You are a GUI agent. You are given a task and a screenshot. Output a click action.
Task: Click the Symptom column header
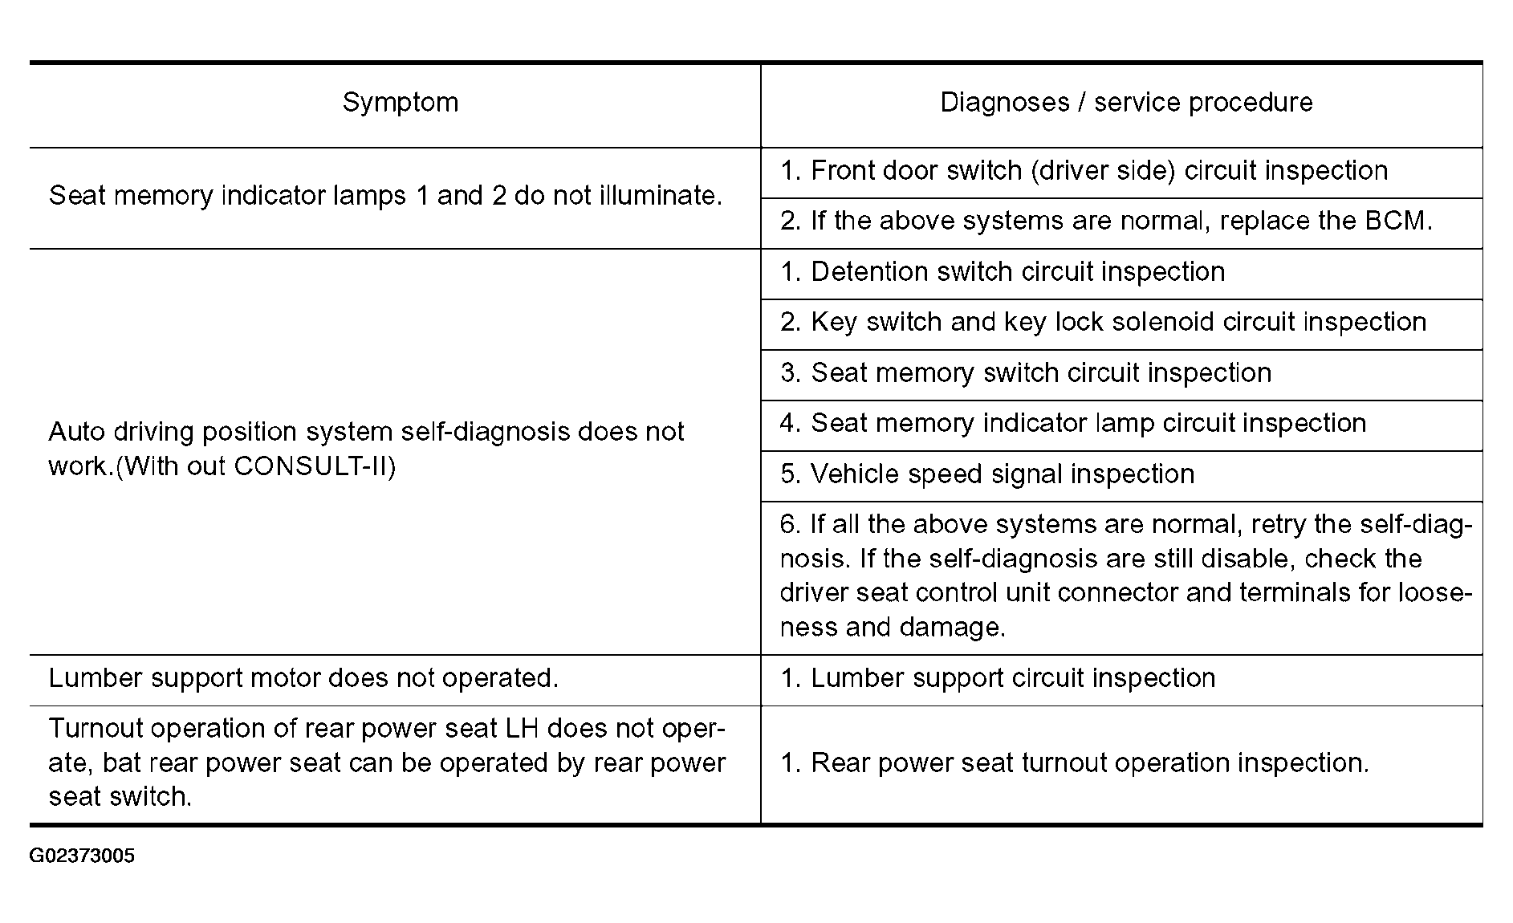[x=400, y=103]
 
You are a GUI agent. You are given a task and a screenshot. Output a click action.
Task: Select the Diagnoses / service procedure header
[x=1125, y=103]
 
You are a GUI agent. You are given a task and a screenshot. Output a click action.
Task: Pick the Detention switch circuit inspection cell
[x=1003, y=272]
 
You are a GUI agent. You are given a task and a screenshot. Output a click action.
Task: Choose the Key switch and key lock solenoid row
[x=1103, y=323]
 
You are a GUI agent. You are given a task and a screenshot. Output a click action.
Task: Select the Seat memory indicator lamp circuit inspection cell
[x=1072, y=423]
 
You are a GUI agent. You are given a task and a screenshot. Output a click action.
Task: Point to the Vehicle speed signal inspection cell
[x=987, y=474]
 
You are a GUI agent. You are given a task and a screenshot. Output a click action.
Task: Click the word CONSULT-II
[x=311, y=466]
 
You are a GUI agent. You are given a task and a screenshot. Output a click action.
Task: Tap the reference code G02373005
[x=82, y=856]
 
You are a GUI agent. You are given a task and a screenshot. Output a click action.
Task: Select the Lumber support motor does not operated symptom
[x=303, y=678]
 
